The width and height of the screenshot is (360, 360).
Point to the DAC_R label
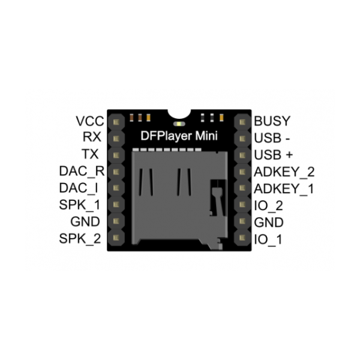click(82, 172)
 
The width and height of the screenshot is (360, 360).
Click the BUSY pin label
click(272, 121)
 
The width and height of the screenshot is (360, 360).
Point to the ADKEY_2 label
click(284, 172)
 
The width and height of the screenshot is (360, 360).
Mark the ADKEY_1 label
click(284, 188)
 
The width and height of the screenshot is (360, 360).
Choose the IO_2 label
click(268, 205)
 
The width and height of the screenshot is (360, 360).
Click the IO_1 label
click(268, 239)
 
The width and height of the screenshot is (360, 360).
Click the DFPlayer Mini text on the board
click(179, 136)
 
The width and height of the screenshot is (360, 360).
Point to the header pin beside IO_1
click(242, 239)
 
